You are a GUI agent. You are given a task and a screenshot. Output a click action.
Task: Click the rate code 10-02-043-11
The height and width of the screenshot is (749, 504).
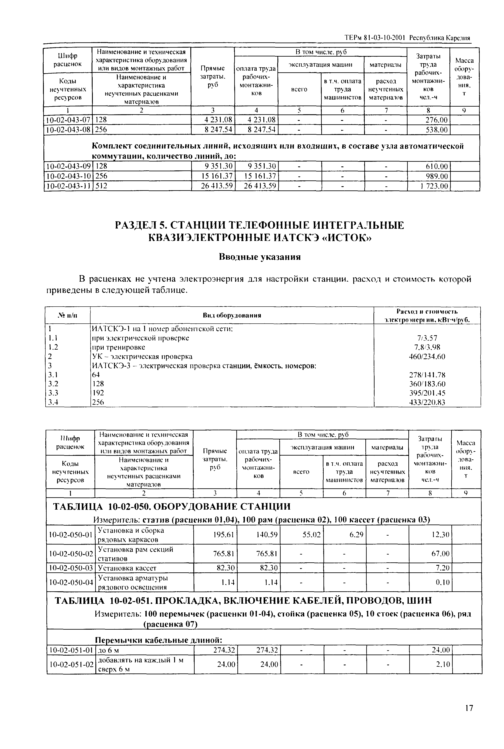click(x=68, y=186)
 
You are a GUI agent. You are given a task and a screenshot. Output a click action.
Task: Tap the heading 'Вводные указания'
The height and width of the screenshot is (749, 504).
click(x=260, y=257)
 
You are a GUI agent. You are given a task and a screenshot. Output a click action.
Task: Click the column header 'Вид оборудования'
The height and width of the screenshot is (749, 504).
click(x=231, y=315)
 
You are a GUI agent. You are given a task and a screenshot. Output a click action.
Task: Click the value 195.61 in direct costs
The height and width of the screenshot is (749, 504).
click(x=224, y=535)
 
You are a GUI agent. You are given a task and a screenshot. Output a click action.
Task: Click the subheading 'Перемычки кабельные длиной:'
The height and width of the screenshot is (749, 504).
click(x=159, y=640)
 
